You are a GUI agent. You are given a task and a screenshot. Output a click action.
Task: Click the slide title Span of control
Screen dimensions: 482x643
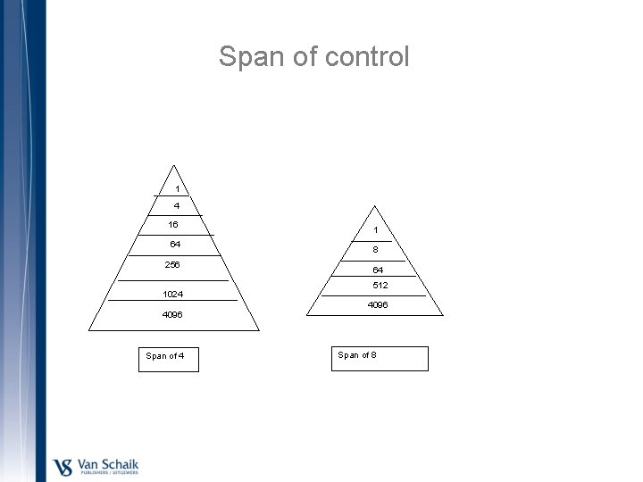click(x=314, y=57)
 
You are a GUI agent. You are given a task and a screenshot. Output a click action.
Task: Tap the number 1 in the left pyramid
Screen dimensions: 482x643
click(x=177, y=189)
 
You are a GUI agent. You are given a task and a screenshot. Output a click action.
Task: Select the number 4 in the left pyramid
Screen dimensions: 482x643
click(x=177, y=206)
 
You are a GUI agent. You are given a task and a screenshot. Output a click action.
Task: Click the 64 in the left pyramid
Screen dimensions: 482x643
click(x=176, y=245)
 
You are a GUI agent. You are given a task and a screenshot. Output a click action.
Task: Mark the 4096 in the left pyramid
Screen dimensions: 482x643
click(x=173, y=314)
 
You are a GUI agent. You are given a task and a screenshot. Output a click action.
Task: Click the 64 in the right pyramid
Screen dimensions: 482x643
click(x=379, y=270)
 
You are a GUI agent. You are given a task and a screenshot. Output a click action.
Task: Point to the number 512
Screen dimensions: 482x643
click(x=380, y=286)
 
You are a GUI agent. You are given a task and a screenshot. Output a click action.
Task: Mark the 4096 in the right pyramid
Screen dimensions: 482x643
click(x=378, y=305)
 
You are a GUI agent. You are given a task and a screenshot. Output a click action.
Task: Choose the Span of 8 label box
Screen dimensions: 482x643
click(x=381, y=358)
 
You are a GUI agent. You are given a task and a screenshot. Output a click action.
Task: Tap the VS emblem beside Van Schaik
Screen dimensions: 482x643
click(x=63, y=466)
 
